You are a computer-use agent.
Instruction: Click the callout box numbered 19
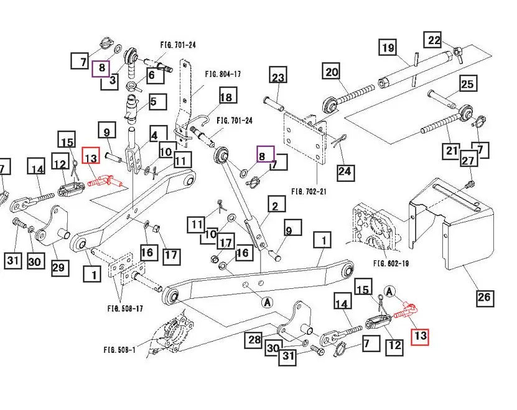click(388, 48)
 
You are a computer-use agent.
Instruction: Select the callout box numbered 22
click(434, 41)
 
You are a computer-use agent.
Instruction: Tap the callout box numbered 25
click(467, 84)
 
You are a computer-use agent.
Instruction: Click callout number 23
click(277, 78)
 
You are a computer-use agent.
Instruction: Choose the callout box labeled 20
click(332, 72)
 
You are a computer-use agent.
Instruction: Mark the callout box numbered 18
click(226, 98)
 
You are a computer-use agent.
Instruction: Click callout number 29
click(58, 266)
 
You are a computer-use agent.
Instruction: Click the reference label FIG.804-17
click(223, 74)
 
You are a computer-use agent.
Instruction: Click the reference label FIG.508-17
click(126, 308)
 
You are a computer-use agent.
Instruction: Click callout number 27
click(468, 161)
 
